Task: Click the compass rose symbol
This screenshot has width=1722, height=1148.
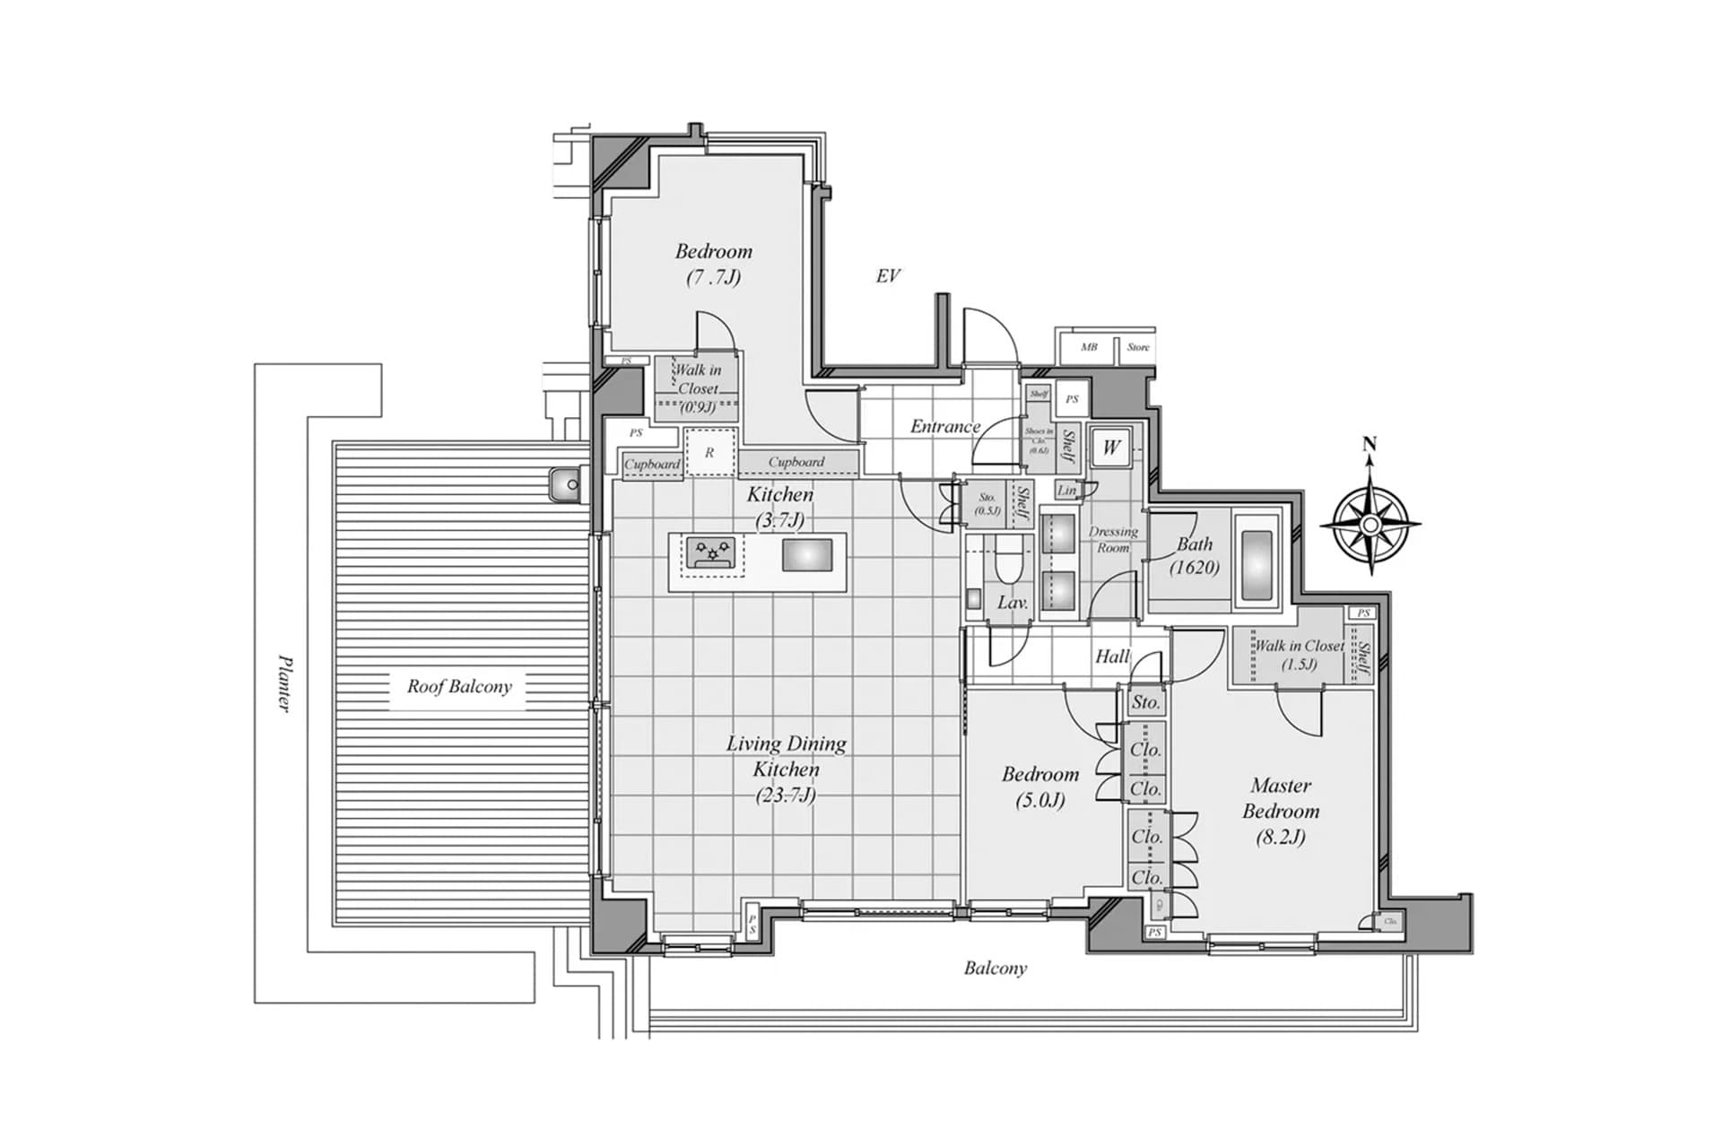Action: [x=1370, y=524]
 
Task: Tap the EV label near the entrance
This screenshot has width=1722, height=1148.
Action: [x=887, y=276]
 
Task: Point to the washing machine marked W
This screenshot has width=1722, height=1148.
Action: [x=1111, y=448]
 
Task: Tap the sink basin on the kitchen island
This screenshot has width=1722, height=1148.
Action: [x=806, y=555]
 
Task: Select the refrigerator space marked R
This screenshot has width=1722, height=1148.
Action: [x=710, y=453]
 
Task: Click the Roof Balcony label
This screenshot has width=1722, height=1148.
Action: [x=459, y=687]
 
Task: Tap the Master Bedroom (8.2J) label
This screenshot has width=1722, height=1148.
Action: [x=1280, y=811]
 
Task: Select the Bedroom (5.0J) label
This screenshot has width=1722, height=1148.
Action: [x=1040, y=786]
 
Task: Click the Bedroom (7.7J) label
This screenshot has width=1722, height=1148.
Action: [x=714, y=264]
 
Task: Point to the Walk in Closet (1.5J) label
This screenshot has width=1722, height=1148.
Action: [x=1299, y=654]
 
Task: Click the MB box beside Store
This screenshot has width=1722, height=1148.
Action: [x=1088, y=347]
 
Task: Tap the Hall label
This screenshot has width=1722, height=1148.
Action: [x=1112, y=657]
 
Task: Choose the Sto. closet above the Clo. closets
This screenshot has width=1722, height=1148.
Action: [x=1145, y=702]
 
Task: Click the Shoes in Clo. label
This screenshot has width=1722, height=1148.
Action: [x=1039, y=439]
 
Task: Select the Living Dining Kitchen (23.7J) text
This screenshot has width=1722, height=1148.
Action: [x=786, y=769]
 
